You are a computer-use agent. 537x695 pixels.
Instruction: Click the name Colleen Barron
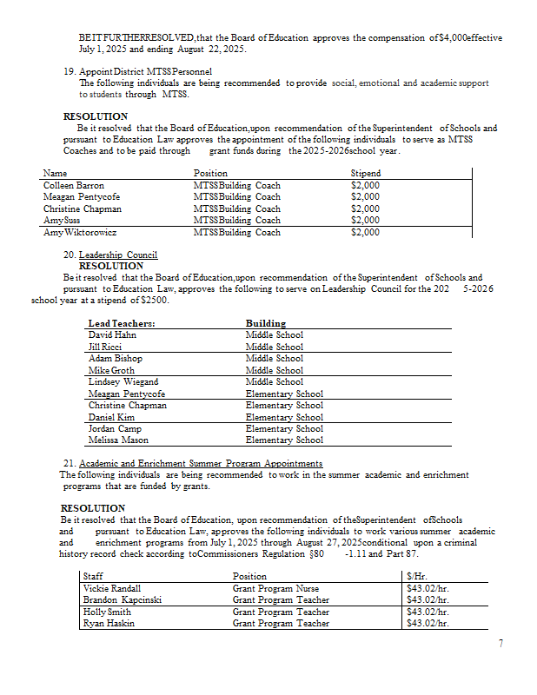pos(74,186)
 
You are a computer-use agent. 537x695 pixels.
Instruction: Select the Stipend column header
pos(365,174)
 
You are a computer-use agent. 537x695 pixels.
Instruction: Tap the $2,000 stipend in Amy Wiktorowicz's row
pos(365,232)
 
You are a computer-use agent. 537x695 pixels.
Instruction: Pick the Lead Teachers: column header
pos(116,323)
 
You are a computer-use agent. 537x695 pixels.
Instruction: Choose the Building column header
pos(266,323)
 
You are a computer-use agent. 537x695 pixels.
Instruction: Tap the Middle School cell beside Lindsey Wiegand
pos(275,381)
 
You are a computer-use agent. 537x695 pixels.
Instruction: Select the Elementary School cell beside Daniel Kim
pos(284,417)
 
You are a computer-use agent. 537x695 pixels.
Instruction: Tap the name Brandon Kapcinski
pos(122,599)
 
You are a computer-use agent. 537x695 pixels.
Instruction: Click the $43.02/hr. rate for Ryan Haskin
pos(428,623)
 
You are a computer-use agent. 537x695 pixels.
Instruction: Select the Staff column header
pos(92,576)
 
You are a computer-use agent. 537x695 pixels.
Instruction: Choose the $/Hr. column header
pos(416,576)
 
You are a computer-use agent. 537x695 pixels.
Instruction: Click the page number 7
pos(501,644)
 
